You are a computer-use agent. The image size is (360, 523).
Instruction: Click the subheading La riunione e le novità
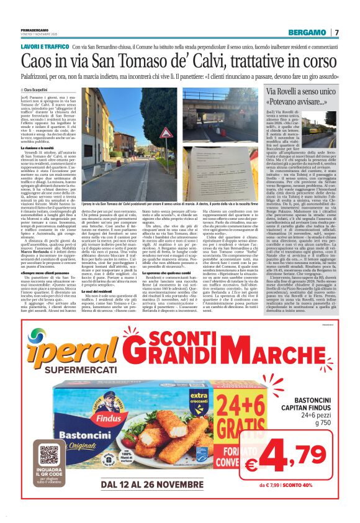[x=38, y=147]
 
